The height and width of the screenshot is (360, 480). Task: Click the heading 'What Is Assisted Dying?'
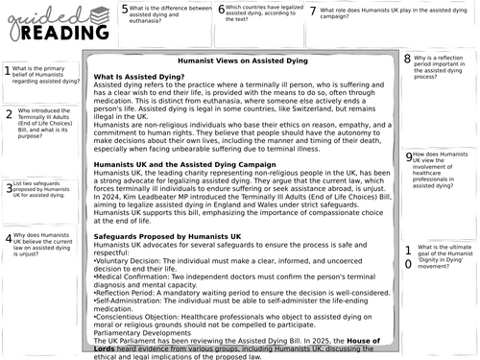click(139, 76)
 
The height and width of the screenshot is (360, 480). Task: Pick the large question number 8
click(407, 60)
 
